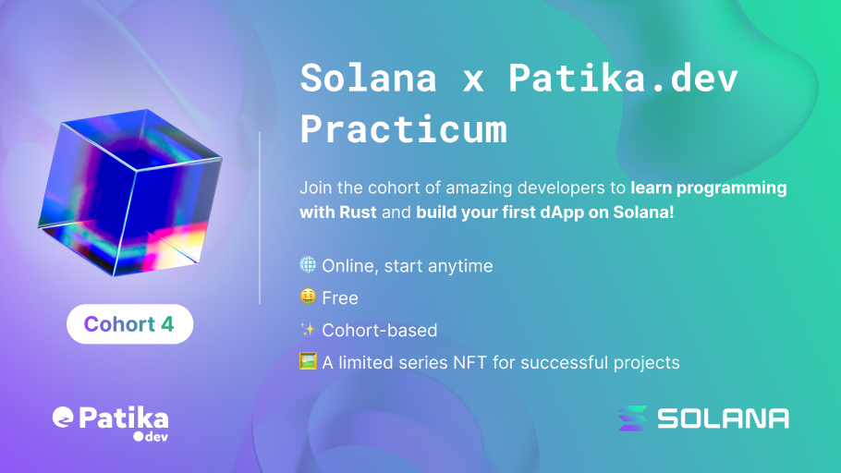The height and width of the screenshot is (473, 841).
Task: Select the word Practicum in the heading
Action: (403, 129)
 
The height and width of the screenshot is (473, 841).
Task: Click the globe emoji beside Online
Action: (308, 265)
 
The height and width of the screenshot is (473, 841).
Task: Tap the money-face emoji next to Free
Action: (308, 297)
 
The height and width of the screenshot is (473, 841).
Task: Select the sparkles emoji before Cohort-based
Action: (308, 330)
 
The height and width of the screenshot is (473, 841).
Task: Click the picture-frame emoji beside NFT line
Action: (308, 362)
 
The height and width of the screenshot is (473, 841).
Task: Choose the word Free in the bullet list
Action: (339, 298)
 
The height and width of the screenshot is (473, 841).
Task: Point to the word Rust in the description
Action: (358, 212)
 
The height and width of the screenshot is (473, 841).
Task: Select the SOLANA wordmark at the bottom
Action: (723, 418)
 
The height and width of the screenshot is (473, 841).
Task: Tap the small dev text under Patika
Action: (152, 434)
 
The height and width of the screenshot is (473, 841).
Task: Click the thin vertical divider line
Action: (260, 217)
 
